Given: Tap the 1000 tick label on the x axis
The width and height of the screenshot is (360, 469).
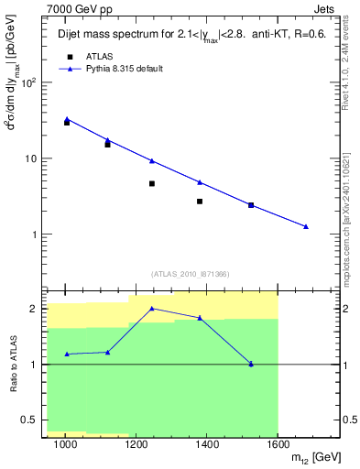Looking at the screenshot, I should coord(65,444).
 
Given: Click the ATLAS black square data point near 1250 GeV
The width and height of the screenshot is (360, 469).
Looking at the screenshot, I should coord(152,183).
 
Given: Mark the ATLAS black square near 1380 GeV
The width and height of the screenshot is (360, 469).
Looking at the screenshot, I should coord(200,201).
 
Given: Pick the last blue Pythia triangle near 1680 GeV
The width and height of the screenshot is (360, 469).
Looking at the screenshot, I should coord(306,226).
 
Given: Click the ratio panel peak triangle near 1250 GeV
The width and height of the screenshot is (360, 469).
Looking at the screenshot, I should coord(152,309).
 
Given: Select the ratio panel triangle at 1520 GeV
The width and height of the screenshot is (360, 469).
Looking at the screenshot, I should coord(251,364).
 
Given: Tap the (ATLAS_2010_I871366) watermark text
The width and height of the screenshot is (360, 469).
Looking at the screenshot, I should coord(191,273).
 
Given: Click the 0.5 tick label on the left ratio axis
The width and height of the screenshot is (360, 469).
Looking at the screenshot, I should coord(30,420).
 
